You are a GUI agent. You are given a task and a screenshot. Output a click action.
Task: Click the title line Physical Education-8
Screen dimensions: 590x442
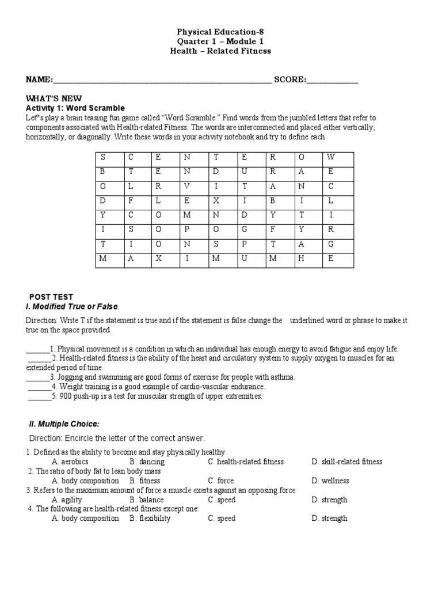coord(220,32)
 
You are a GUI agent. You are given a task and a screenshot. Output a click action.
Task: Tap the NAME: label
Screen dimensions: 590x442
coord(39,80)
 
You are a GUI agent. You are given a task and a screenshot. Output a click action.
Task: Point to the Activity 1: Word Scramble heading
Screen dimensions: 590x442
coord(75,108)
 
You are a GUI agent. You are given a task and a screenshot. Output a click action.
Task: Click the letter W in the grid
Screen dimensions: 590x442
coord(330,157)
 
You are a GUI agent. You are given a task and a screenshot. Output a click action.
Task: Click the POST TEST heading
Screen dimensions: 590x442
coord(51,297)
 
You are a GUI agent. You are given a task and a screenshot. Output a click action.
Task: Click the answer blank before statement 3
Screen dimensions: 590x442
coord(37,377)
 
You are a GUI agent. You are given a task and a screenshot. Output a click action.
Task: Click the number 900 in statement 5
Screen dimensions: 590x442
coord(65,396)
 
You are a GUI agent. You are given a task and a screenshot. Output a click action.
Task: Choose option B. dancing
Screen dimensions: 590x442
coord(147,462)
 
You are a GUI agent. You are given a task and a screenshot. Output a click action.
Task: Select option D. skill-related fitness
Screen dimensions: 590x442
coord(346,462)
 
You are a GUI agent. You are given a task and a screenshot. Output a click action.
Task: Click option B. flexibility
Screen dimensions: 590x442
coord(150,519)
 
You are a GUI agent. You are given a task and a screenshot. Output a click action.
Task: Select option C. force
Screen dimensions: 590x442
coord(221,481)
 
